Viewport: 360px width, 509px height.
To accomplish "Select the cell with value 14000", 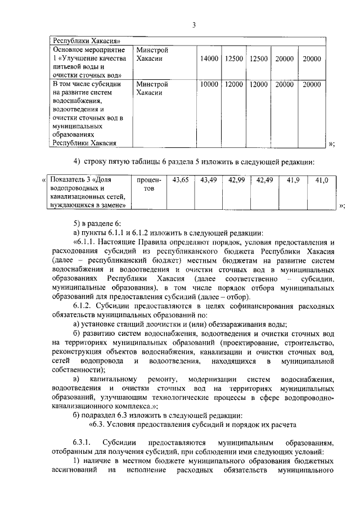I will [x=209, y=59].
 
